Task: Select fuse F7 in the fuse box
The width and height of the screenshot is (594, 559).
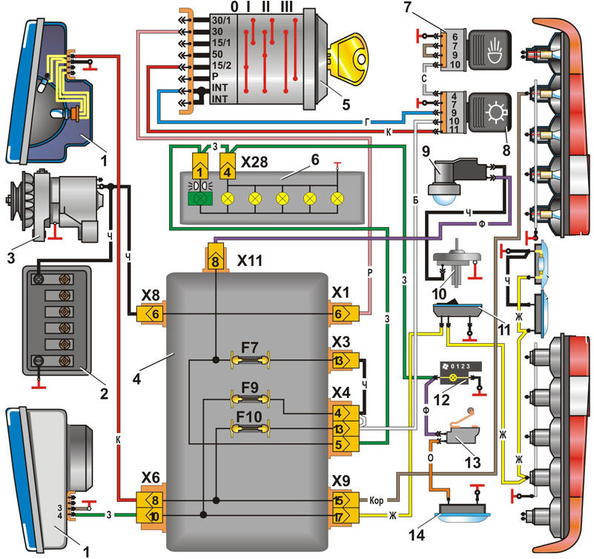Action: point(250,360)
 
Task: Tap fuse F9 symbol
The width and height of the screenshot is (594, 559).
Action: point(250,399)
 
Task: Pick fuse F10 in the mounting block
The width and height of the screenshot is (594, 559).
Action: point(250,429)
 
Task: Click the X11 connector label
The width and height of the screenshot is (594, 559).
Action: point(250,261)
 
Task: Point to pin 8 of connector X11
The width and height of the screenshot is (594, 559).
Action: point(215,260)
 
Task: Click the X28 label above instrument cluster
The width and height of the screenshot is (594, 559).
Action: point(254,163)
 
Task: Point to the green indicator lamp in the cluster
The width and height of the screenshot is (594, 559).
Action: point(200,199)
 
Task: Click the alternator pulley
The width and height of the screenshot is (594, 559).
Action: point(14,200)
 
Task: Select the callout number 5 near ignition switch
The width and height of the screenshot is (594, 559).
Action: point(346,105)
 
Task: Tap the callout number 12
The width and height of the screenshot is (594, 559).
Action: point(441,399)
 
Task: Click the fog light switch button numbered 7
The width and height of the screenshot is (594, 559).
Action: point(490,50)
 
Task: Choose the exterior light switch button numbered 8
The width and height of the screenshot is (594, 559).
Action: point(490,113)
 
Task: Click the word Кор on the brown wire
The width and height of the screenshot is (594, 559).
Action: point(376,500)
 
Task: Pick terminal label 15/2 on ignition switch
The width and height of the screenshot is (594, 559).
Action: point(221,65)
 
